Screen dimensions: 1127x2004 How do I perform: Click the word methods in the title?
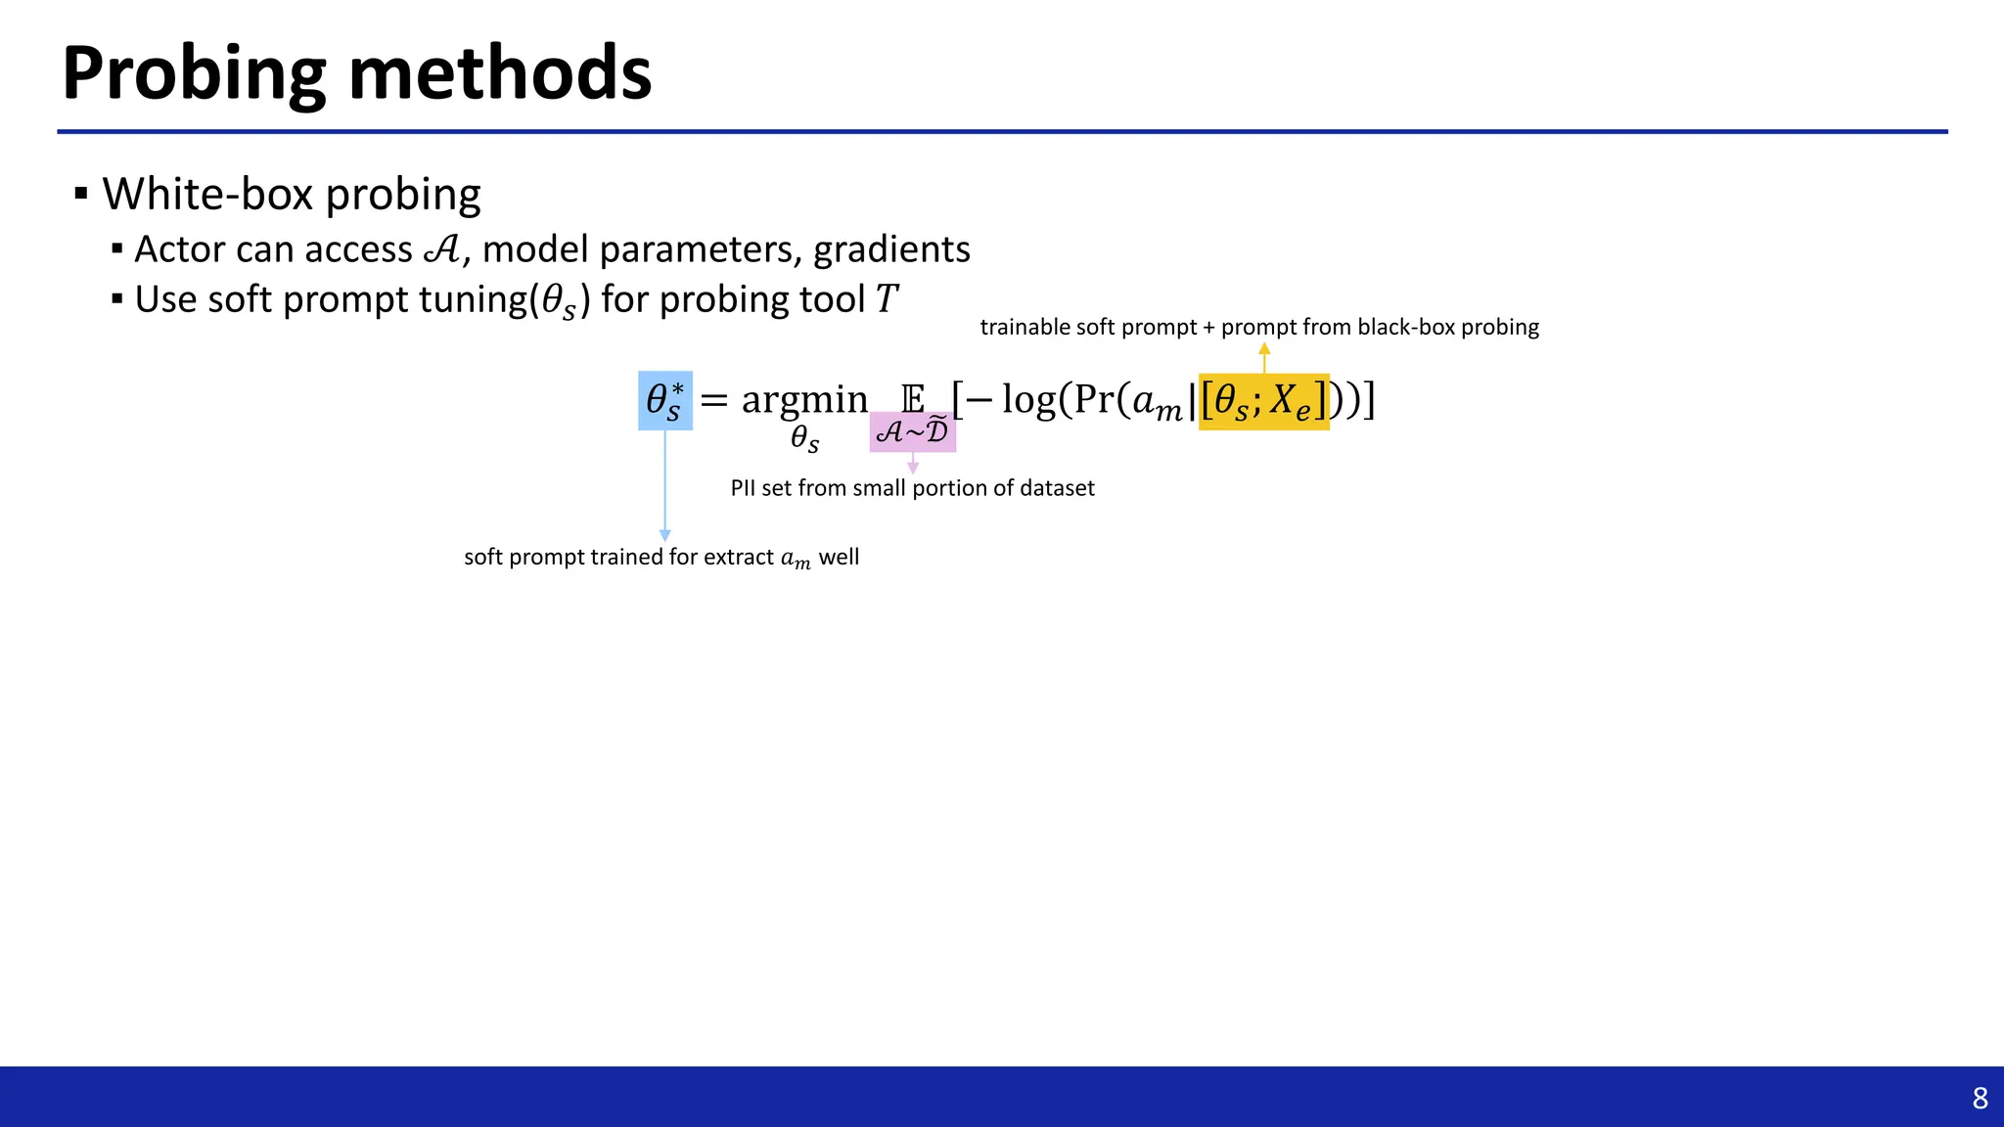pos(499,74)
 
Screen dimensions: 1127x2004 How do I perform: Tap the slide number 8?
pos(1980,1099)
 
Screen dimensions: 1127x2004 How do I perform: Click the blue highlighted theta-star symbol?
pos(665,401)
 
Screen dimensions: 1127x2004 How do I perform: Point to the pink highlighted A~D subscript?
pos(912,431)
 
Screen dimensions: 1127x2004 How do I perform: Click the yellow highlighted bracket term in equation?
pos(1263,401)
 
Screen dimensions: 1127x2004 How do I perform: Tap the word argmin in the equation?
pos(804,400)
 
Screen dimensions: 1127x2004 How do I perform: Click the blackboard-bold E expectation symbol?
pos(912,399)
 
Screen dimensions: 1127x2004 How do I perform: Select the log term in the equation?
pos(1029,400)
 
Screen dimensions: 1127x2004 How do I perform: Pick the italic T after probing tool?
pos(886,299)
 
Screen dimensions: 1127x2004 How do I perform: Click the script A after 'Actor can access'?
pos(442,249)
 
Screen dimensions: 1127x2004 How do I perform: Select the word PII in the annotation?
pos(743,488)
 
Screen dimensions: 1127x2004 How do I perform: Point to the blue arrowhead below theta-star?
pos(665,535)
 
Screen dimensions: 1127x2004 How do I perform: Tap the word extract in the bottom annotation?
pos(739,557)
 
